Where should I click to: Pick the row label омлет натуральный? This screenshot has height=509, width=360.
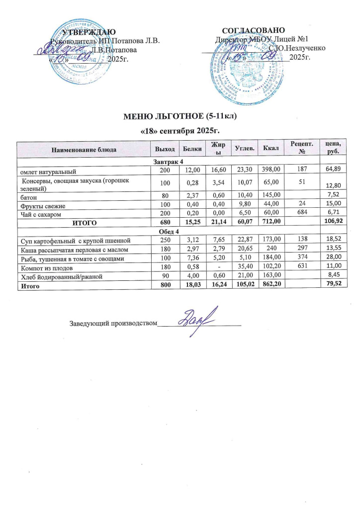coord(47,171)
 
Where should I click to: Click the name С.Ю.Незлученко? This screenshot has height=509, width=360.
coord(297,49)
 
